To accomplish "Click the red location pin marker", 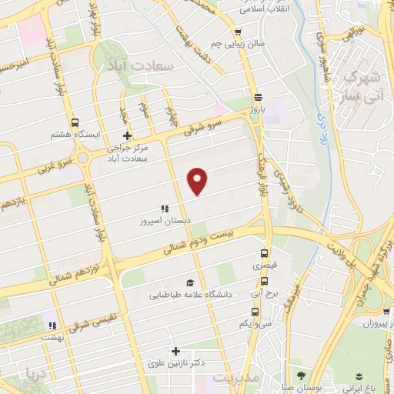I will coord(199,181).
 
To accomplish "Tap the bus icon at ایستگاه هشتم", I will coord(75,122).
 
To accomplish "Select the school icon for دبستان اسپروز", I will coord(163,209).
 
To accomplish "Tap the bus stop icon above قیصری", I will coord(264,253).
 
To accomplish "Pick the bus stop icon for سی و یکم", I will coord(255,312).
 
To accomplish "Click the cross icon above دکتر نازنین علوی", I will coord(175,351).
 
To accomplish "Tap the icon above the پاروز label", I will coord(258,98).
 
